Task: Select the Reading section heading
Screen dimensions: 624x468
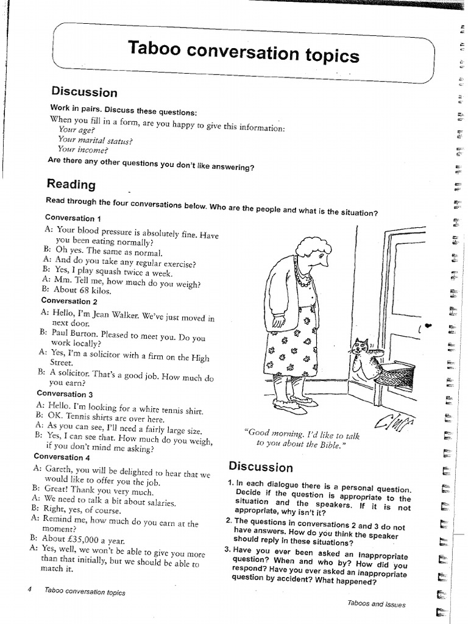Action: [71, 184]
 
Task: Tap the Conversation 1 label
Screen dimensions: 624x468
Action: [73, 218]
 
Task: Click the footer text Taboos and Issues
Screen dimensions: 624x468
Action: [376, 604]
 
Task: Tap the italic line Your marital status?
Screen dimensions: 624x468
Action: [95, 140]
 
